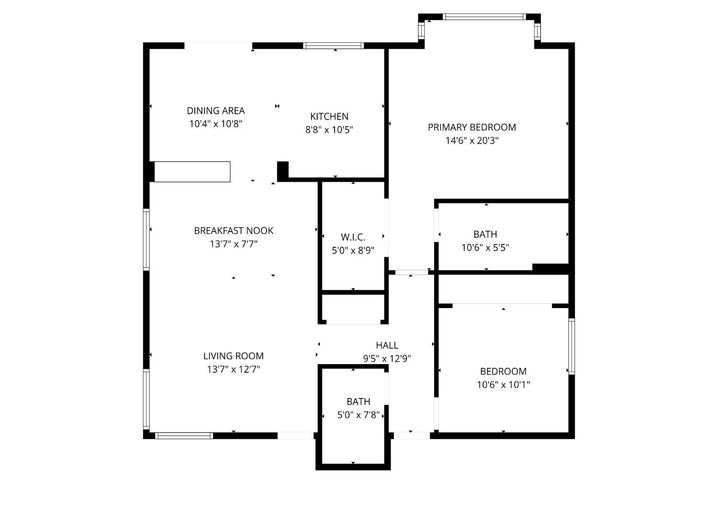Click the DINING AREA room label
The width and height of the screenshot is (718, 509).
pyautogui.click(x=216, y=111)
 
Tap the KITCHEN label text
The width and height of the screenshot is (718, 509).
pyautogui.click(x=329, y=116)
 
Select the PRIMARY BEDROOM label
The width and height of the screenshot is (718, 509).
pyautogui.click(x=472, y=127)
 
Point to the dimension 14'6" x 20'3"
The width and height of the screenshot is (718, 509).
pyautogui.click(x=472, y=141)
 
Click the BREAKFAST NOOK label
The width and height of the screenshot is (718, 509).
pyautogui.click(x=234, y=231)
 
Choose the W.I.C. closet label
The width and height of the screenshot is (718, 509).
pyautogui.click(x=353, y=237)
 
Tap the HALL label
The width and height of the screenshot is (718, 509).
pyautogui.click(x=387, y=345)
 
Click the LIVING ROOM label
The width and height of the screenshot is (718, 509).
pyautogui.click(x=234, y=356)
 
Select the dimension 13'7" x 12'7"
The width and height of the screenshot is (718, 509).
pyautogui.click(x=234, y=369)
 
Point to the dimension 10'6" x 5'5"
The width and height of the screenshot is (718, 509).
pyautogui.click(x=485, y=248)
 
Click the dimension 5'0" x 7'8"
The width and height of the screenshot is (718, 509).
pyautogui.click(x=359, y=415)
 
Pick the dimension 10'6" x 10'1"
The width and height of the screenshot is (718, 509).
pyautogui.click(x=503, y=385)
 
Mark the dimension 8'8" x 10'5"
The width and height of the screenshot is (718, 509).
pyautogui.click(x=329, y=130)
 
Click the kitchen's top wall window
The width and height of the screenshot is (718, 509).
pyautogui.click(x=333, y=45)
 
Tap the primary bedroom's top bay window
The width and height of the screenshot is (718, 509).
pyautogui.click(x=484, y=17)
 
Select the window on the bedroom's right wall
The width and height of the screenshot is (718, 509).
pyautogui.click(x=572, y=346)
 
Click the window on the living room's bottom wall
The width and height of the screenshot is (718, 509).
pyautogui.click(x=184, y=436)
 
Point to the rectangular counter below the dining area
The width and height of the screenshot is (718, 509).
pyautogui.click(x=192, y=172)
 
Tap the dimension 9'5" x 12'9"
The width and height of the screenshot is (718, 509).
pyautogui.click(x=387, y=358)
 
